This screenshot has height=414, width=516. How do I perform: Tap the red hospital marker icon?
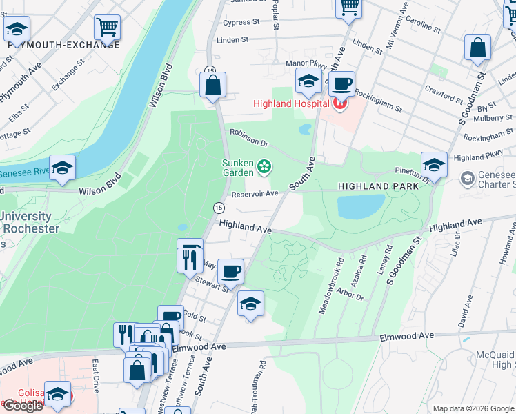coord(339,104)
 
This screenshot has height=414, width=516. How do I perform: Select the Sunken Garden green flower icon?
coord(264,166)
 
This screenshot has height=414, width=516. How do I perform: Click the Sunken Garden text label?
coord(238,168)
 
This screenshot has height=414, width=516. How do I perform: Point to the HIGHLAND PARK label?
coord(378,187)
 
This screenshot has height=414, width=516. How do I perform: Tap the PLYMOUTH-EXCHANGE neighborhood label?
coord(64,45)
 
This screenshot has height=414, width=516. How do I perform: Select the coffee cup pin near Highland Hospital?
coord(341,85)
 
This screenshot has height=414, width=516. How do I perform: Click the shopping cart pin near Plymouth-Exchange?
coord(108,28)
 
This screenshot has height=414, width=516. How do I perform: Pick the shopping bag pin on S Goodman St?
coord(477,48)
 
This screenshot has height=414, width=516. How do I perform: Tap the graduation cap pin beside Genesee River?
coord(62,168)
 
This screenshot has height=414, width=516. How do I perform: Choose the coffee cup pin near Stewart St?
coord(232,271)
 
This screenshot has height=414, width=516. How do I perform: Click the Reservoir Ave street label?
coord(255,194)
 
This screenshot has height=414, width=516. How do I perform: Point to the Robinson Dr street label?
coord(248,139)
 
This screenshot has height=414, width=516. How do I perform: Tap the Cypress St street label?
coord(241,22)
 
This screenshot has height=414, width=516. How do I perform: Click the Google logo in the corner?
coord(23,406)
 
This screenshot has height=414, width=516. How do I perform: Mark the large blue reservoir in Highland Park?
coord(360,206)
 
